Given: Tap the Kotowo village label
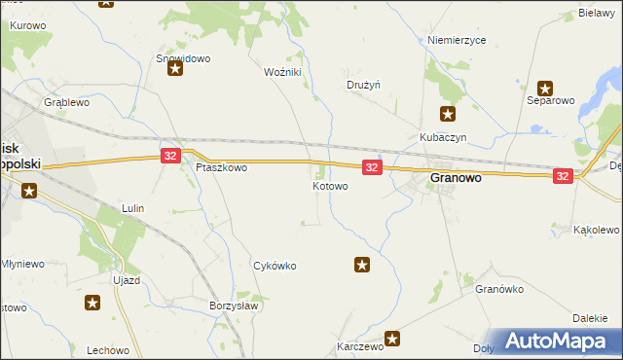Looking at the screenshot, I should [330, 185].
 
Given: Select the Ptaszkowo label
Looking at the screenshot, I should [221, 167].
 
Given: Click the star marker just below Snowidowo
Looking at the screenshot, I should [175, 69].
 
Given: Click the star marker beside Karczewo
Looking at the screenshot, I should [392, 339].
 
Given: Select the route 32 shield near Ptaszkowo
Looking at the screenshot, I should [170, 156].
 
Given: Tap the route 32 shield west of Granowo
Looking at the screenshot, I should [371, 168].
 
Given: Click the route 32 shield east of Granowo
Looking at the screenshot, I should [563, 175].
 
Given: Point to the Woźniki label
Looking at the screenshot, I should [283, 72].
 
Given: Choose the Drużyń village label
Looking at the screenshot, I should [363, 85].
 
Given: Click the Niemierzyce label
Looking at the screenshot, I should [457, 40].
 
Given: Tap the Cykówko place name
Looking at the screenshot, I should [275, 266].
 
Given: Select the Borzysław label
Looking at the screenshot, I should [234, 305].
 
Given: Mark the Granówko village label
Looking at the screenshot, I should [499, 289].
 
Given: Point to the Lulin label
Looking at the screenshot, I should [132, 208].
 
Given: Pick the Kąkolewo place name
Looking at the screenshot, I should [597, 230].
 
